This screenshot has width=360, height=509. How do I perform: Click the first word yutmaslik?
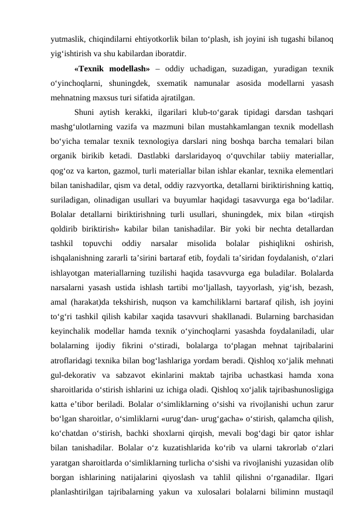pyautogui.click(x=66, y=39)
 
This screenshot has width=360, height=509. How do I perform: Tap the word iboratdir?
pyautogui.click(x=160, y=53)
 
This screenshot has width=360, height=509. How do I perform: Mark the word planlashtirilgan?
pyautogui.click(x=82, y=496)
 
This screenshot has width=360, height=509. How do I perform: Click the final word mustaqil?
pyautogui.click(x=320, y=496)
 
